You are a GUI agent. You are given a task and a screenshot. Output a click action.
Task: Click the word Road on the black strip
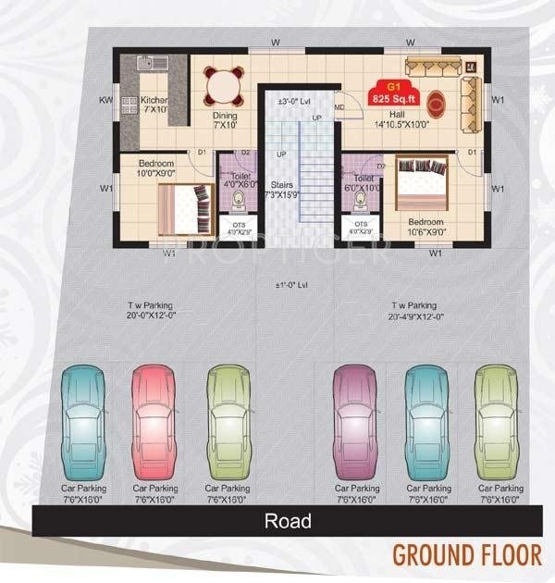[x=288, y=521]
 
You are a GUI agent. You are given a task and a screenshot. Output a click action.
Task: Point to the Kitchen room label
[x=154, y=104]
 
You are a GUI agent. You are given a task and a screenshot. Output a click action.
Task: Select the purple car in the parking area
[x=355, y=418]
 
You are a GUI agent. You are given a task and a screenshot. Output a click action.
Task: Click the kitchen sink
[x=151, y=64]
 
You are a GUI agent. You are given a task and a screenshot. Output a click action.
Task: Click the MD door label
[x=339, y=107]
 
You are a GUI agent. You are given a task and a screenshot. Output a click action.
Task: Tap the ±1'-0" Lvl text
[x=290, y=286]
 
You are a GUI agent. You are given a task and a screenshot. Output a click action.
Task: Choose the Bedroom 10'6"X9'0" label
[x=426, y=228]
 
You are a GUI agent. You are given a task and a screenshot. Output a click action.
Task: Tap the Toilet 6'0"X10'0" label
[x=363, y=182]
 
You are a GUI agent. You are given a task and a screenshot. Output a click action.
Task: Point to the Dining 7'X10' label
[x=225, y=120]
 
